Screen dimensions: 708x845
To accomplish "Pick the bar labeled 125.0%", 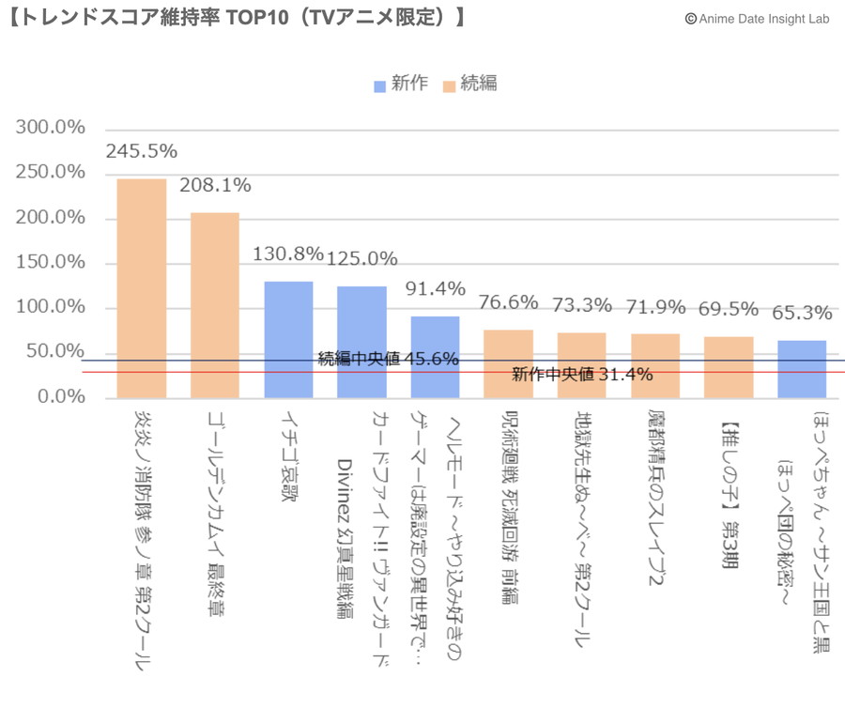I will pos(361,342).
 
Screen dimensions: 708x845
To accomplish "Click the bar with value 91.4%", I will pos(435,357).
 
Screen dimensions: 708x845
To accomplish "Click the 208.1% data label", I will pos(215,186).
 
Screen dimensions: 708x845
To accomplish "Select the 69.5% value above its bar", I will pos(729,309).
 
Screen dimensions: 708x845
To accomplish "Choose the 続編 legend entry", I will pos(469,85).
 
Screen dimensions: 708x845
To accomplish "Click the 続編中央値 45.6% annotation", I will pos(388,359).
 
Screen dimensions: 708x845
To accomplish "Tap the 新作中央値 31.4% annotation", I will pos(581,375).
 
